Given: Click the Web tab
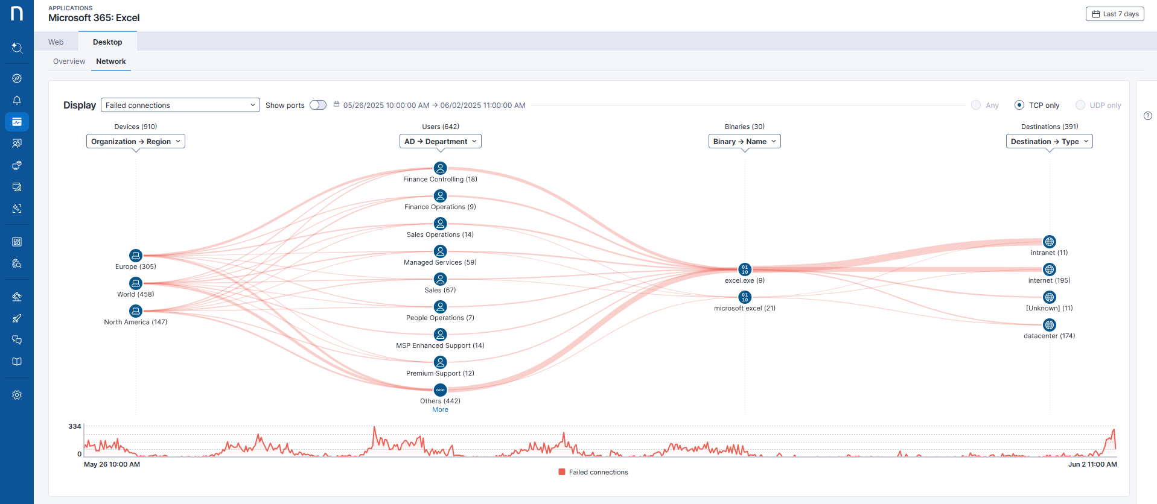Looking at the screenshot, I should (56, 42).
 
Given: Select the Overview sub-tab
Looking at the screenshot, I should (69, 61).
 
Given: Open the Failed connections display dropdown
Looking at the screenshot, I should (180, 105).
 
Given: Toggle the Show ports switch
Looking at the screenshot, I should (318, 105).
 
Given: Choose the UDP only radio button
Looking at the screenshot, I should (1080, 105).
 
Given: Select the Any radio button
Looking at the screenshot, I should (976, 105).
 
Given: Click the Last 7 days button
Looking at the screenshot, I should (1115, 14).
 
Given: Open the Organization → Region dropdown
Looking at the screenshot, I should (136, 141).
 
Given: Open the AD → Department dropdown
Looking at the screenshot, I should (440, 141).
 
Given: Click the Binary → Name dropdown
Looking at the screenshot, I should (744, 141).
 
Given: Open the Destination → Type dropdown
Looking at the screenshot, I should (1049, 141).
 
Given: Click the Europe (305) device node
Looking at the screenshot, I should (136, 256).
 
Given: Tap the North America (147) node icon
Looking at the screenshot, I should (136, 311).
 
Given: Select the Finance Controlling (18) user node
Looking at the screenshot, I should (441, 168).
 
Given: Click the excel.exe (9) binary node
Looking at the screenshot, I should (745, 269).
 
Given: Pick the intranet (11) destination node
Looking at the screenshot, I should (1050, 242).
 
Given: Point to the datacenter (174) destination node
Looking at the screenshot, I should (1050, 325).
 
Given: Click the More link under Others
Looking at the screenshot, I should (440, 409).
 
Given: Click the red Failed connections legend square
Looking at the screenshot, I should (562, 472).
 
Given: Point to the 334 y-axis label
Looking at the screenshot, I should (75, 426).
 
